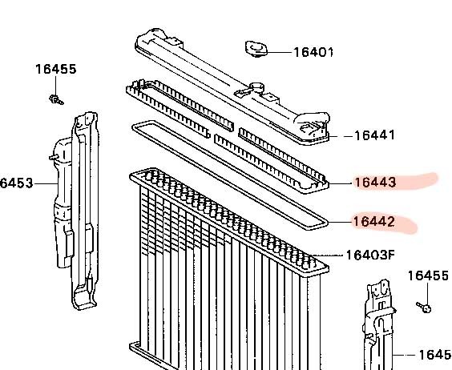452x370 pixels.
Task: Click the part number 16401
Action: pyautogui.click(x=313, y=52)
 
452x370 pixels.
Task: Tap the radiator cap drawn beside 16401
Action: pyautogui.click(x=256, y=49)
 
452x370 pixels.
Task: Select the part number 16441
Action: pyautogui.click(x=374, y=135)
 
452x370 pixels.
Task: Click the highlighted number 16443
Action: pyautogui.click(x=375, y=183)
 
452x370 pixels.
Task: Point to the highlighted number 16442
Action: pyautogui.click(x=373, y=222)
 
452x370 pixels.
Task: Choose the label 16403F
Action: pyautogui.click(x=369, y=255)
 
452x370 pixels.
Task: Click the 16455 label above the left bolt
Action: pyautogui.click(x=56, y=69)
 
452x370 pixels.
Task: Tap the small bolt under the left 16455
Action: pyautogui.click(x=56, y=99)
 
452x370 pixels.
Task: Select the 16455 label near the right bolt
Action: pyautogui.click(x=428, y=275)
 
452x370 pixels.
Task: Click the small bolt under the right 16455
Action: pyautogui.click(x=423, y=308)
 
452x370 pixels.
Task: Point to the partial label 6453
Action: pyautogui.click(x=17, y=183)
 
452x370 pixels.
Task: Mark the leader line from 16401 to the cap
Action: pyautogui.click(x=280, y=52)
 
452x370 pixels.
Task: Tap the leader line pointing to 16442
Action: pyautogui.click(x=340, y=222)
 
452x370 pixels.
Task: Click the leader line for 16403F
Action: pyautogui.click(x=329, y=255)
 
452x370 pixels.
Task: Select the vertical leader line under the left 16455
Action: pyautogui.click(x=55, y=85)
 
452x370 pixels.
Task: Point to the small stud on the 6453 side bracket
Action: pyautogui.click(x=54, y=157)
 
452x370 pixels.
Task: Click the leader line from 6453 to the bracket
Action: pyautogui.click(x=46, y=183)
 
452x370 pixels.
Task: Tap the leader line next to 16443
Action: pyautogui.click(x=341, y=183)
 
